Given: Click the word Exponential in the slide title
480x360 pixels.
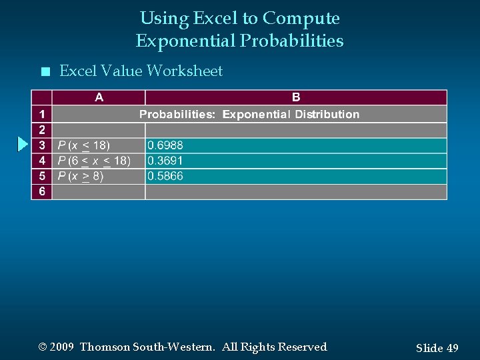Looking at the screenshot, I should coord(185,41).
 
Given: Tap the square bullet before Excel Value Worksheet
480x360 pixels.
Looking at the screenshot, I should coord(45,71).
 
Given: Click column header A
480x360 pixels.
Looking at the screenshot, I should coord(99,97).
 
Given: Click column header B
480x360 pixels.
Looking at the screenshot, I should coord(296,97).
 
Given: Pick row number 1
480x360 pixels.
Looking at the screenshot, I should coord(42,114).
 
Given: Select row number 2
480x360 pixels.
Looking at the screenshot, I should coord(42,129).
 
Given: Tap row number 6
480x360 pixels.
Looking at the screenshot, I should coord(42,191).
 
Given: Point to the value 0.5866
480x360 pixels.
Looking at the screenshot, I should coord(165,176).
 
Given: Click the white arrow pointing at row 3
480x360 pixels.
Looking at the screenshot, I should coord(23,144).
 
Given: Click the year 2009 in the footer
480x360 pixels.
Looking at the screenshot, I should coord(61,347).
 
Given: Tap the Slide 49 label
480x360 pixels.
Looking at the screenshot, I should coord(437,348).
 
